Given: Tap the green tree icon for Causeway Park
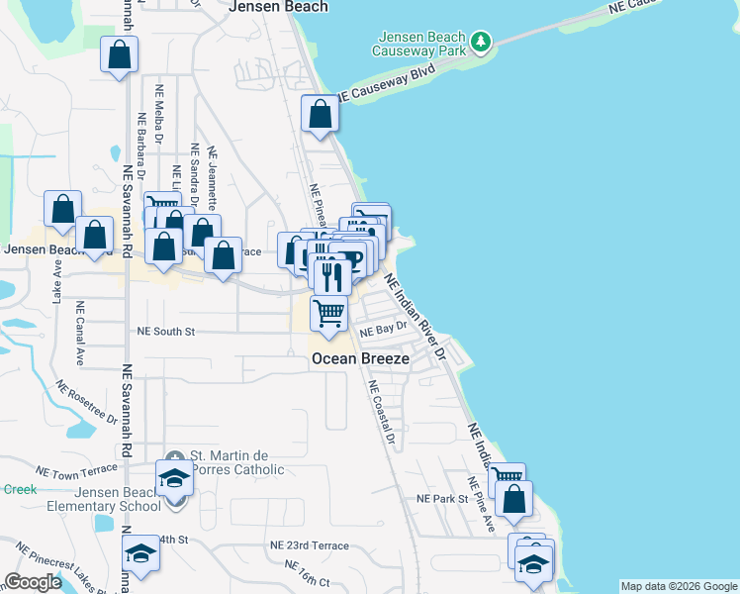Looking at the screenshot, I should (481, 41).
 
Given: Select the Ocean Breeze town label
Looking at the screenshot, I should (360, 358).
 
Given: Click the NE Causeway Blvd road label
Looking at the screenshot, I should (387, 84).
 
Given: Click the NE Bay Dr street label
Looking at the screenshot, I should (384, 328).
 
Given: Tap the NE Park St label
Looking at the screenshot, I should (441, 499).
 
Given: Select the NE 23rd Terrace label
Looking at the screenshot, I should (310, 545).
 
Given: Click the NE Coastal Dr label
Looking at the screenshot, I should (382, 412).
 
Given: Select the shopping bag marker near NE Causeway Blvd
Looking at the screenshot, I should (321, 115).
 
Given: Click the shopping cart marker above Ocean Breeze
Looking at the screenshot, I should (328, 314).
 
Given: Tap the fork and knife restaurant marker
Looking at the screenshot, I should (332, 274).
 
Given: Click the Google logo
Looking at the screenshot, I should (33, 583).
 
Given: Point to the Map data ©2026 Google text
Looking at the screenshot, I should (679, 586).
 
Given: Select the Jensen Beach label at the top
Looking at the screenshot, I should (278, 6).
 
